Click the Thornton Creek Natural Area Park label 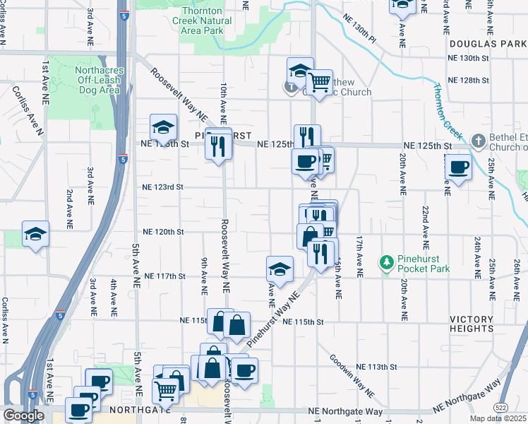point(202,21)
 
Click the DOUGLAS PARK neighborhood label point(487,44)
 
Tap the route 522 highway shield point(500,408)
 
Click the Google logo point(23,416)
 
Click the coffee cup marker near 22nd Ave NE point(458,167)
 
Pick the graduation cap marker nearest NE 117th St point(280,269)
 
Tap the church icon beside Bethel point(478,140)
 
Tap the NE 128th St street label point(469,80)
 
